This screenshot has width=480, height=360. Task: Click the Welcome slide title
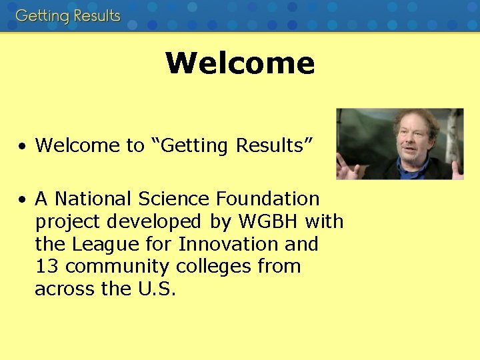pyautogui.click(x=240, y=63)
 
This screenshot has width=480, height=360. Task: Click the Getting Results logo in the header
pyautogui.click(x=68, y=15)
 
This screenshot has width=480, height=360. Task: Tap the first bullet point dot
pyautogui.click(x=23, y=146)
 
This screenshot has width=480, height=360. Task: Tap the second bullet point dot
pyautogui.click(x=23, y=199)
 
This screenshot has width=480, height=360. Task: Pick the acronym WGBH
pyautogui.click(x=271, y=221)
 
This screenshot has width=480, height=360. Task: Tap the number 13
pyautogui.click(x=47, y=267)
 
